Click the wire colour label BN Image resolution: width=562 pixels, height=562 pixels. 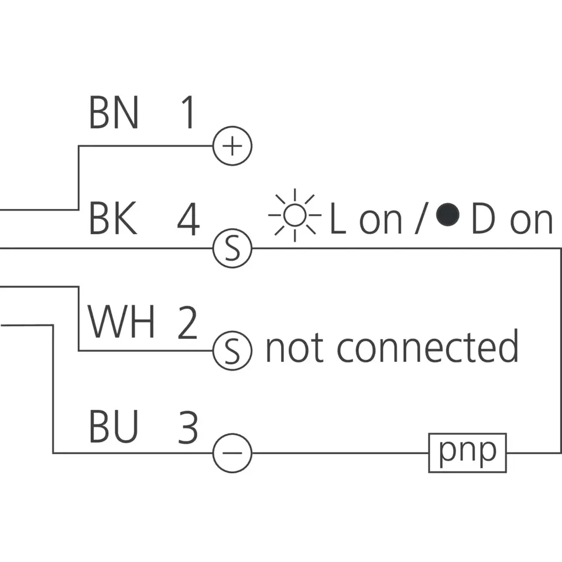pyautogui.click(x=114, y=113)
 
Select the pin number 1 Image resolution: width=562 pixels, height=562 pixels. pyautogui.click(x=187, y=113)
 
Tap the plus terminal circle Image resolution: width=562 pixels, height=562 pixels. pyautogui.click(x=232, y=146)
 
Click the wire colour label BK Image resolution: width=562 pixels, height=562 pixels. pyautogui.click(x=113, y=219)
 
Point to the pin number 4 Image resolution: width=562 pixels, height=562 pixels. pyautogui.click(x=189, y=219)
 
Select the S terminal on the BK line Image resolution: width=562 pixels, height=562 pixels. pyautogui.click(x=232, y=248)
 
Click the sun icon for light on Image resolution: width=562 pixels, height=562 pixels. pyautogui.click(x=295, y=215)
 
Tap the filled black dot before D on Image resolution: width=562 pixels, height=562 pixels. pyautogui.click(x=449, y=215)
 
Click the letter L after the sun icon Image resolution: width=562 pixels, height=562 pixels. pyautogui.click(x=338, y=219)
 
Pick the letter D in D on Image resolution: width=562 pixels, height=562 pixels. pyautogui.click(x=484, y=219)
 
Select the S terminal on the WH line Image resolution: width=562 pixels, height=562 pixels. pyautogui.click(x=232, y=351)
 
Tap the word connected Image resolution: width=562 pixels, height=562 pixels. pyautogui.click(x=427, y=347)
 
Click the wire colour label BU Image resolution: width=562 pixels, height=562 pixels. pyautogui.click(x=114, y=427)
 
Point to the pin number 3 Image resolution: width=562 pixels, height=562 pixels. pyautogui.click(x=187, y=427)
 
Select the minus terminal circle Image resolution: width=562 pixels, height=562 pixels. pyautogui.click(x=232, y=453)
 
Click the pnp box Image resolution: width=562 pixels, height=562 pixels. pyautogui.click(x=467, y=453)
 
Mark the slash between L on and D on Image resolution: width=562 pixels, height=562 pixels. pyautogui.click(x=419, y=219)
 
